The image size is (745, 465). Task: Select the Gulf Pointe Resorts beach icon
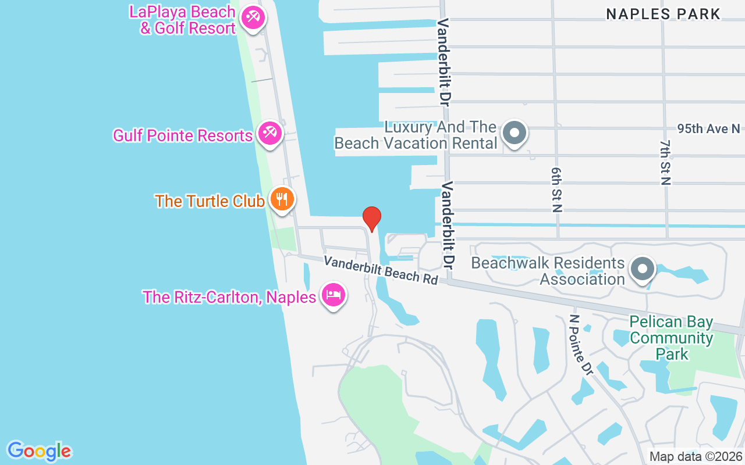270,134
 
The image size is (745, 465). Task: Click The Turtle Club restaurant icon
282,199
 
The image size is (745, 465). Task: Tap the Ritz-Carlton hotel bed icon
333,295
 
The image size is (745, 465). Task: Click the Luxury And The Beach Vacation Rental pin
515,133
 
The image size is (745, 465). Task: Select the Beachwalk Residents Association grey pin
643,269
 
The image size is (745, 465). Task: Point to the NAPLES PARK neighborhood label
664,14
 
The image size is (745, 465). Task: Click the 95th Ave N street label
708,128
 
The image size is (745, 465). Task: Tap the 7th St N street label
665,162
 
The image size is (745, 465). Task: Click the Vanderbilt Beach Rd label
381,270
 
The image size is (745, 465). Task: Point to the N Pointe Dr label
580,345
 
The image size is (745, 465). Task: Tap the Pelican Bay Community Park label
671,338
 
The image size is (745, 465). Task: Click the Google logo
40,450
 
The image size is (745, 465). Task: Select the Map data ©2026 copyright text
696,456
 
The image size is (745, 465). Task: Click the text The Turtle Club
210,201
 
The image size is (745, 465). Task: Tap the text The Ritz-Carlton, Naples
229,297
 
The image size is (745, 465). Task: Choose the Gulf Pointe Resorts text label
182,135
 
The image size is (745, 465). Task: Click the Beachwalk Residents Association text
548,271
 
